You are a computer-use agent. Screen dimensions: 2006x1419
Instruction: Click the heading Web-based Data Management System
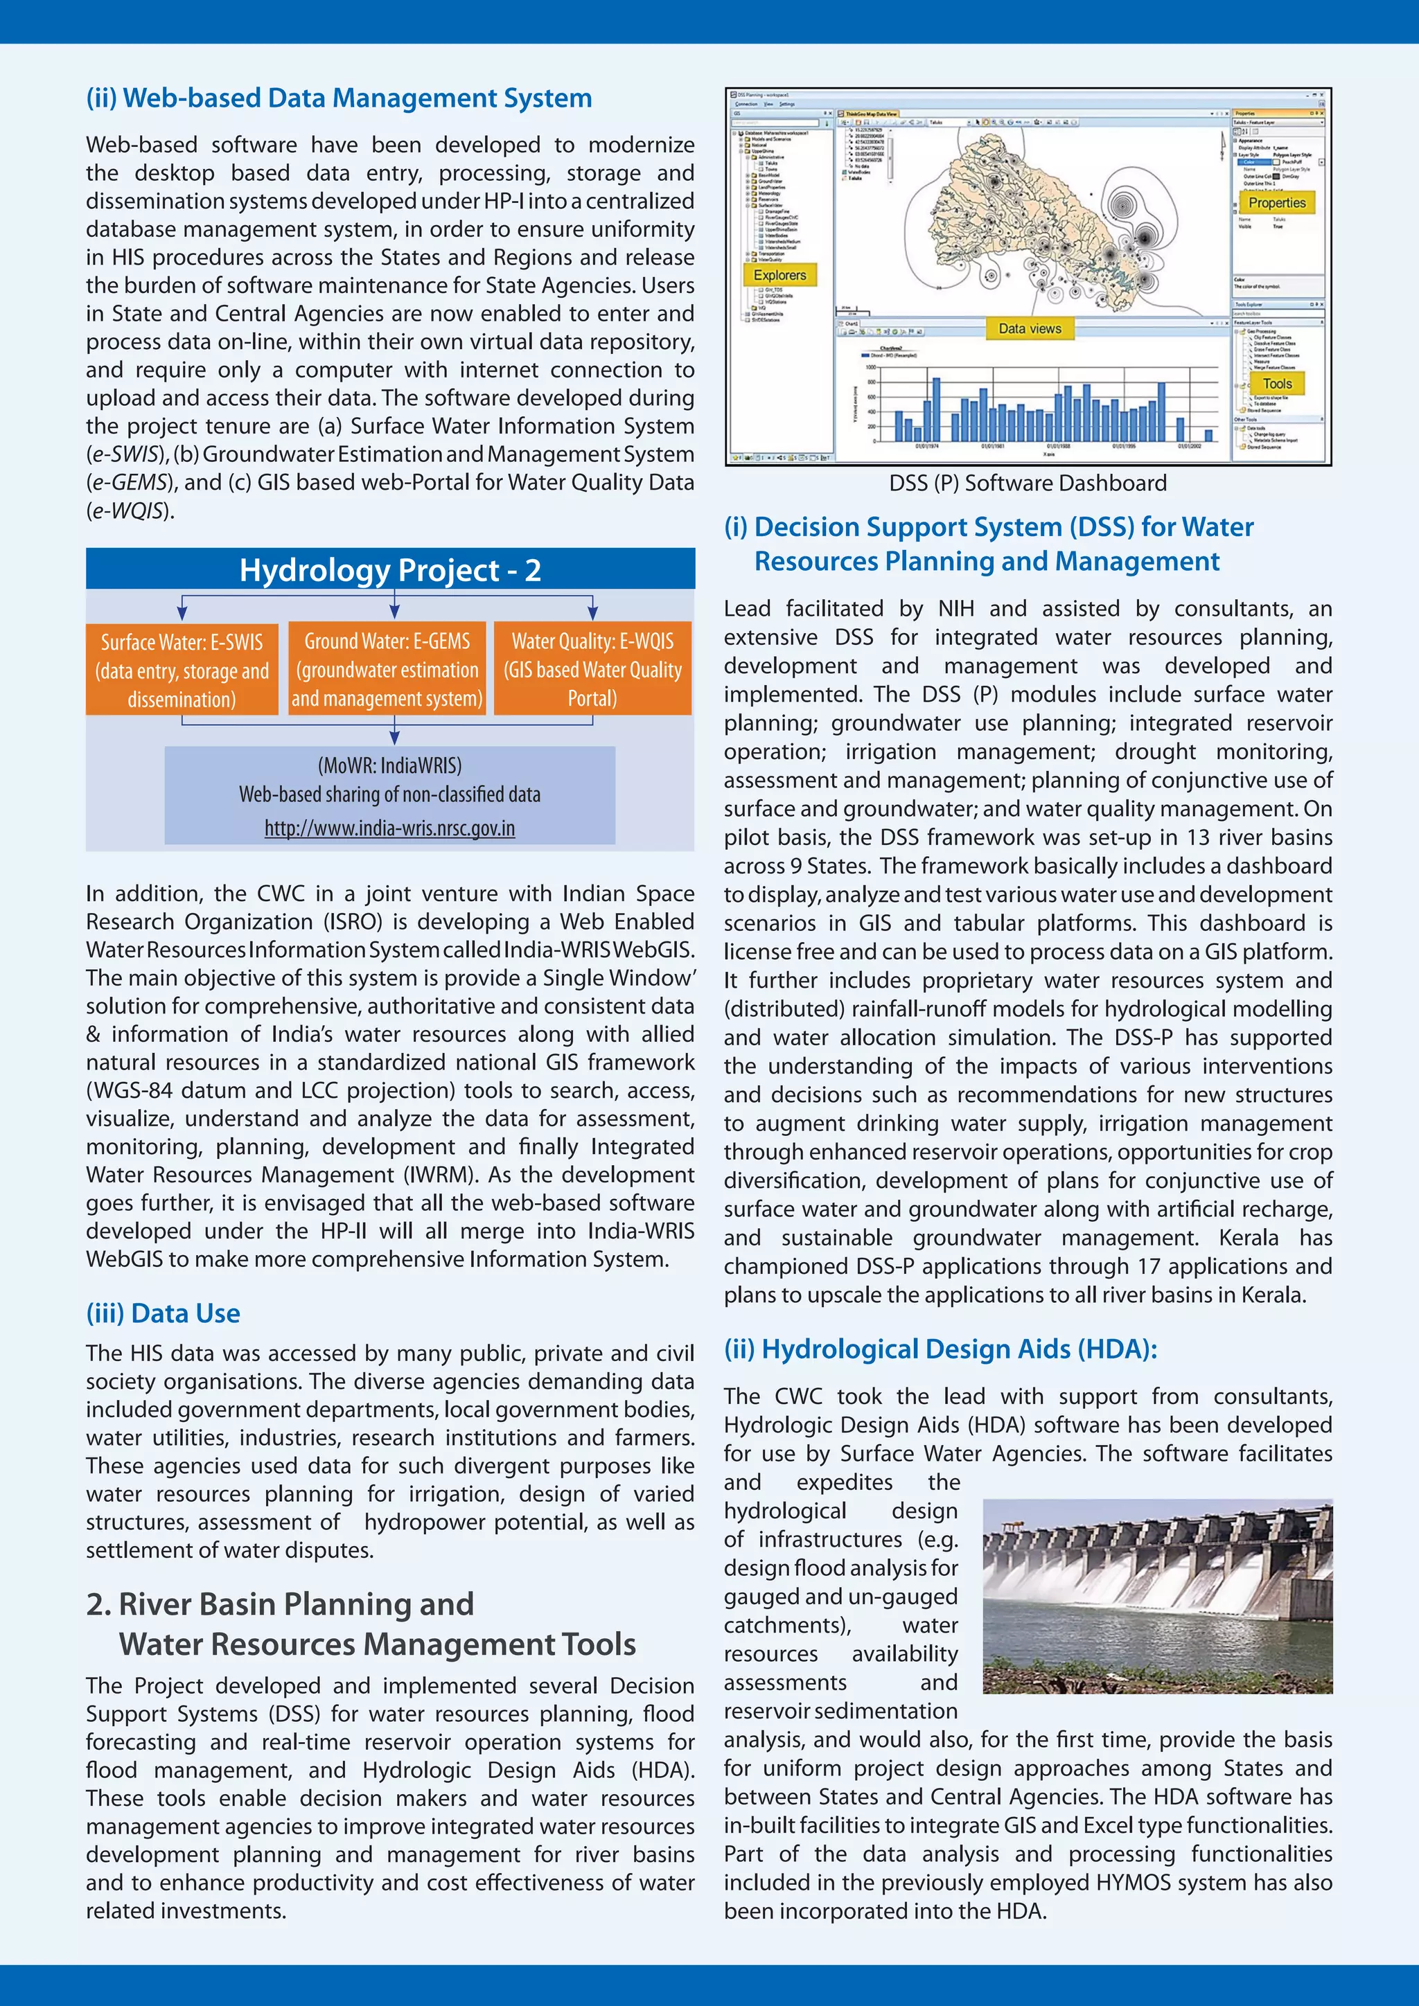[x=339, y=98]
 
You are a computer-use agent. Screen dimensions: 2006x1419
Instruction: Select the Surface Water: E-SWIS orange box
[x=182, y=669]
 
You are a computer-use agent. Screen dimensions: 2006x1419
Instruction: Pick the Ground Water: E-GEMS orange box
[x=387, y=669]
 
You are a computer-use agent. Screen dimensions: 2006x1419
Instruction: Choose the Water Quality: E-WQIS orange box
[x=592, y=669]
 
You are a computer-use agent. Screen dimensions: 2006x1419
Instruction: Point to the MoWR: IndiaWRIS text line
[x=389, y=765]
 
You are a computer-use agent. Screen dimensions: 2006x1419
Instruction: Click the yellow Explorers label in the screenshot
[x=779, y=275]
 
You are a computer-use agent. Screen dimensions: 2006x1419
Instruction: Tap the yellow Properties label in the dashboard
[x=1276, y=203]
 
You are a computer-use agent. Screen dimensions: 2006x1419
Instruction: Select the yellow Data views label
[x=1030, y=328]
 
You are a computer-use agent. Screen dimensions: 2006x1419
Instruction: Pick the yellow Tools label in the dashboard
[x=1276, y=384]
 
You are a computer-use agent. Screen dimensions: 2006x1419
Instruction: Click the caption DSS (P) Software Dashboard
[x=1028, y=483]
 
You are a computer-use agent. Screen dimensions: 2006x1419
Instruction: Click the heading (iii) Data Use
[x=164, y=1313]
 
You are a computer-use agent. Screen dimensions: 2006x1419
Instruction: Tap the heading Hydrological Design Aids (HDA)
[x=940, y=1349]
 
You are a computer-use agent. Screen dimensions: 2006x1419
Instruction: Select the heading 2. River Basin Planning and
[x=280, y=1604]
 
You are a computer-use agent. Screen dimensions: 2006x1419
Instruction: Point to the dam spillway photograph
[x=1157, y=1596]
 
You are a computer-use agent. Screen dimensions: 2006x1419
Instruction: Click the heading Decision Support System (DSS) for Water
[x=988, y=527]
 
